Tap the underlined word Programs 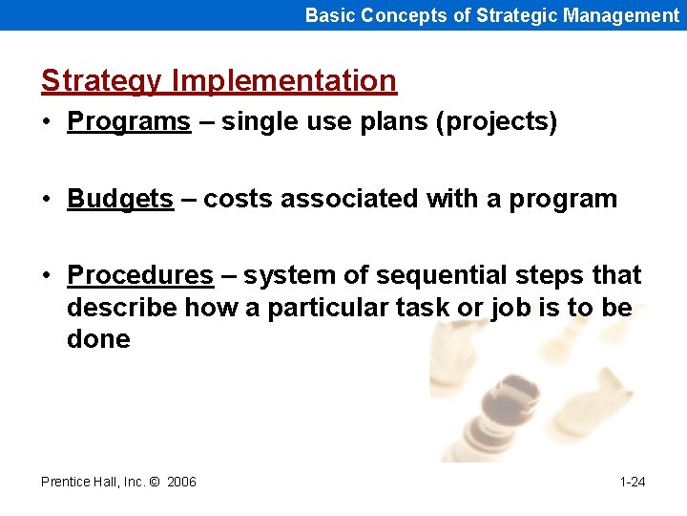pos(129,122)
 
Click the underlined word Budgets pos(120,199)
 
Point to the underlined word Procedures pos(140,275)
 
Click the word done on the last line pos(98,339)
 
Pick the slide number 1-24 pos(632,482)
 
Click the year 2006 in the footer pos(181,482)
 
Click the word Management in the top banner pos(621,14)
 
